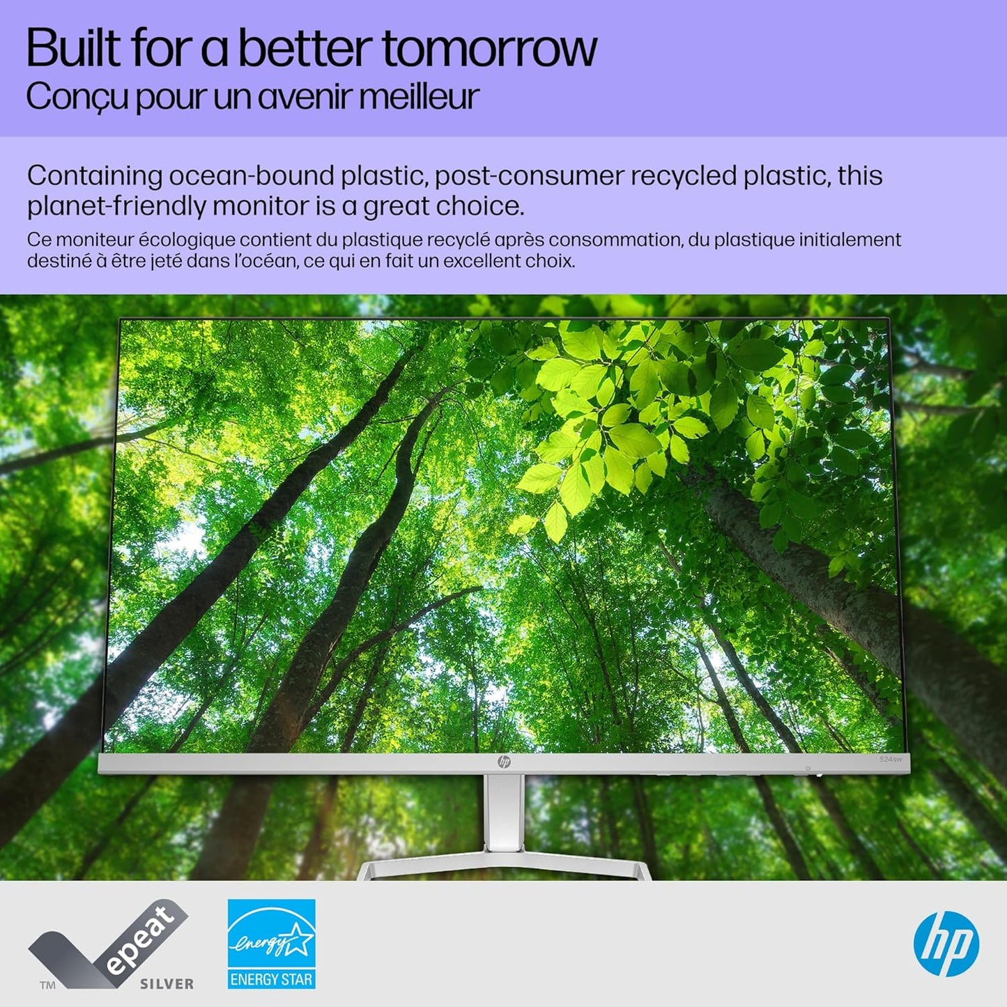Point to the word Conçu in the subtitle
point(77,98)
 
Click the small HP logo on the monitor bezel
point(504,762)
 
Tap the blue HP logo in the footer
point(946,944)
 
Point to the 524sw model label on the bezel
point(890,759)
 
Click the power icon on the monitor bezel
point(808,768)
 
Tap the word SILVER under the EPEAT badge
point(167,984)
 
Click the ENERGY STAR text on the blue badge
point(271,979)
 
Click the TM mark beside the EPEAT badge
point(47,985)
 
